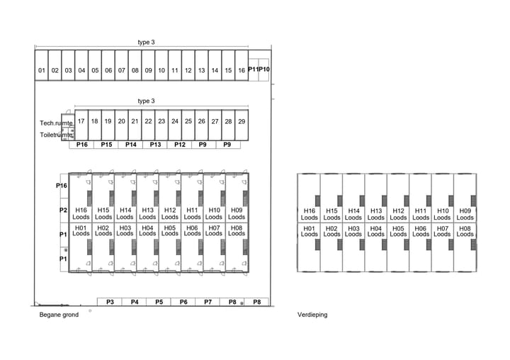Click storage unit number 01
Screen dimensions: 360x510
(x=41, y=70)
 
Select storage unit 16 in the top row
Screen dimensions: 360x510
(x=241, y=70)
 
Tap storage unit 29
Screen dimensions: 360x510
(x=242, y=121)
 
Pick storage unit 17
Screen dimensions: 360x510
(x=81, y=121)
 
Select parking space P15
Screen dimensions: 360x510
(x=106, y=145)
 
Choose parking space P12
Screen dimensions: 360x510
(x=179, y=145)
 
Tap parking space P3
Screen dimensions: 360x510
(x=110, y=302)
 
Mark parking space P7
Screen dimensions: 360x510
(x=208, y=302)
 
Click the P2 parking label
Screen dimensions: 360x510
(x=62, y=210)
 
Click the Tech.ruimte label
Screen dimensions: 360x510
(x=56, y=123)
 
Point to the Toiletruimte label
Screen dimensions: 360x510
(x=56, y=134)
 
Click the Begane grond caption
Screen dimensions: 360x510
(x=59, y=315)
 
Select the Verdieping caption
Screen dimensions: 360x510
(x=312, y=315)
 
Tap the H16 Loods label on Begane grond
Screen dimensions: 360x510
(x=81, y=213)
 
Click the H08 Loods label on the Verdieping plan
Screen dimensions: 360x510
(x=465, y=231)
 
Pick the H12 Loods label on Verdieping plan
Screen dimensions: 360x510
(x=398, y=214)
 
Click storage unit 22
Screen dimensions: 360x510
(x=148, y=121)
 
